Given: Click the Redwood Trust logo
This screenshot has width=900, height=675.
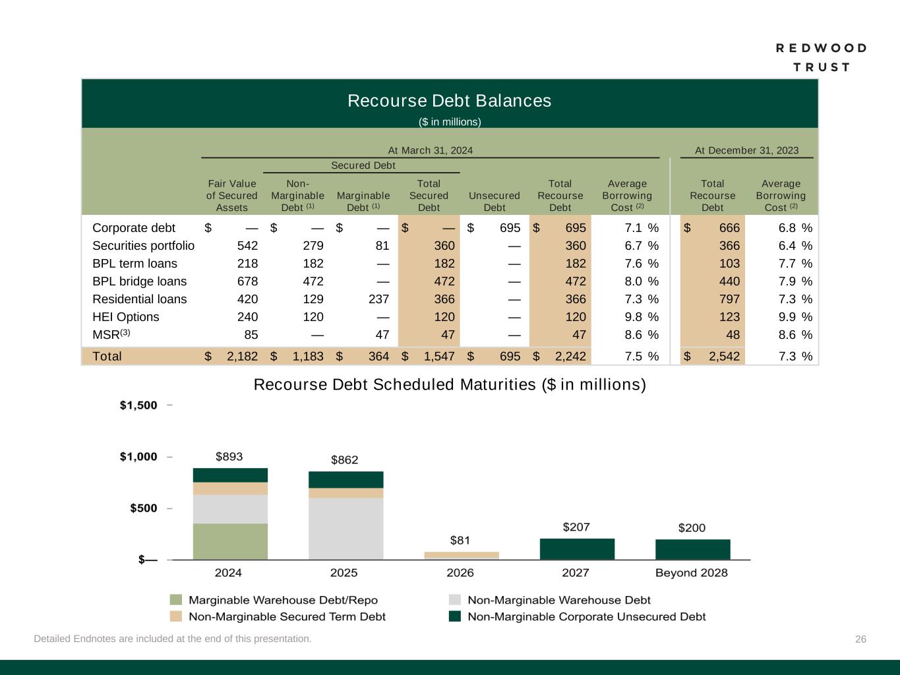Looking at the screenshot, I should (x=821, y=57).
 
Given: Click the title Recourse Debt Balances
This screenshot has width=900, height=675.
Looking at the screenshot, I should (x=449, y=101).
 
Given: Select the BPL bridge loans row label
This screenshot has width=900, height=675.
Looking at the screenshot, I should (x=139, y=281).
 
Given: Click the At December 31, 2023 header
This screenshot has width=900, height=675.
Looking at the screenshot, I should (x=746, y=150).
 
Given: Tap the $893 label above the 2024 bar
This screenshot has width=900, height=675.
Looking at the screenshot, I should (x=229, y=456).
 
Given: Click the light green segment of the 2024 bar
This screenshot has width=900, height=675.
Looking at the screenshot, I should (x=230, y=541).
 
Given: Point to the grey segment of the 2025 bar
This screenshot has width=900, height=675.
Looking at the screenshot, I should (x=345, y=528).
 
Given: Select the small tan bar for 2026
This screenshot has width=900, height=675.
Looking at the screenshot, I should (x=461, y=555).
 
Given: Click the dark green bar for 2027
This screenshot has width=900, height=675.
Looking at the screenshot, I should (x=577, y=549).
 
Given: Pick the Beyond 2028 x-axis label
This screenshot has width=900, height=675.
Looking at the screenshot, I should (x=691, y=573).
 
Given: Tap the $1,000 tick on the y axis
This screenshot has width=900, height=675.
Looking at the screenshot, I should (x=138, y=457).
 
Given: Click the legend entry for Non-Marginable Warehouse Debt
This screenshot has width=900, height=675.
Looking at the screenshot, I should (x=558, y=600).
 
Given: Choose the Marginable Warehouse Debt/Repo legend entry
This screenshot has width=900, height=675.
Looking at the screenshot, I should (x=282, y=600).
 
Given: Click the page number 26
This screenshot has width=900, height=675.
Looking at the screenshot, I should (x=860, y=639).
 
